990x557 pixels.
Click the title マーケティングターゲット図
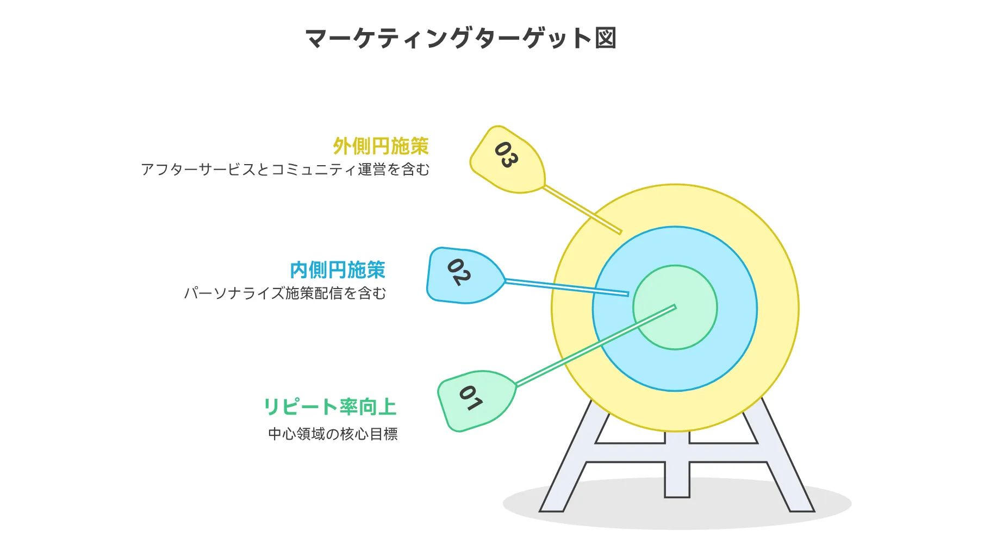(x=460, y=39)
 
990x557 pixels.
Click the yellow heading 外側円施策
(x=381, y=146)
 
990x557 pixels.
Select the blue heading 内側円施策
(x=337, y=270)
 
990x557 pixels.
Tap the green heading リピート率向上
(x=329, y=407)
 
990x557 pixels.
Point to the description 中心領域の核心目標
(x=333, y=434)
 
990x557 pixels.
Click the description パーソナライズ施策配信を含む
(x=285, y=293)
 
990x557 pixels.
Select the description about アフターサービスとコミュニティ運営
(x=285, y=170)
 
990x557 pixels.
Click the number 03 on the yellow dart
(x=506, y=155)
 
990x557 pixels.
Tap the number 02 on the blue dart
(x=458, y=272)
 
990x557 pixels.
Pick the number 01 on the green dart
(x=470, y=398)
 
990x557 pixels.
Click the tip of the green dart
(x=675, y=307)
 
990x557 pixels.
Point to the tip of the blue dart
(x=628, y=295)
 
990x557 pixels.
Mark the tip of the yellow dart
(x=620, y=233)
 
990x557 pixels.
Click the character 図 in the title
(x=605, y=39)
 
